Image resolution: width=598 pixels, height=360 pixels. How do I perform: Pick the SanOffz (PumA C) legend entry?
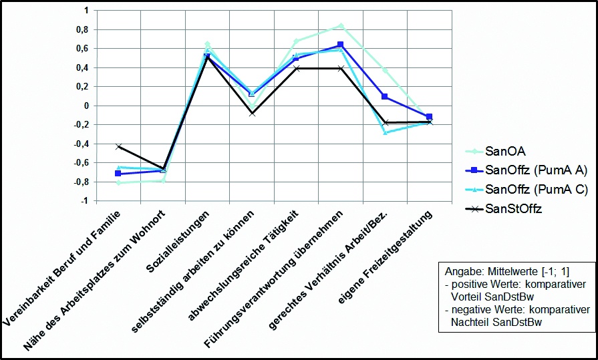[527, 190]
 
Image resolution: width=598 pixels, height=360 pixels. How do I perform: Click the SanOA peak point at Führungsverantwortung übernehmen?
[341, 26]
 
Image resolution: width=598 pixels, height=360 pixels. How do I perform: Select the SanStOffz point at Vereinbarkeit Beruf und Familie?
[118, 146]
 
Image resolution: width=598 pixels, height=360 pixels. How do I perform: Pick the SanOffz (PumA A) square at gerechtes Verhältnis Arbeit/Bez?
[385, 97]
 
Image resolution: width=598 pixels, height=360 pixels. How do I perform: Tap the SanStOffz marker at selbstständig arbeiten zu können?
[252, 114]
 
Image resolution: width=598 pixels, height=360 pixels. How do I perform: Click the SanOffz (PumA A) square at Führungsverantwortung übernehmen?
[341, 45]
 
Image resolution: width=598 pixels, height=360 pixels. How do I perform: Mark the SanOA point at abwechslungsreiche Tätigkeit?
[296, 41]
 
